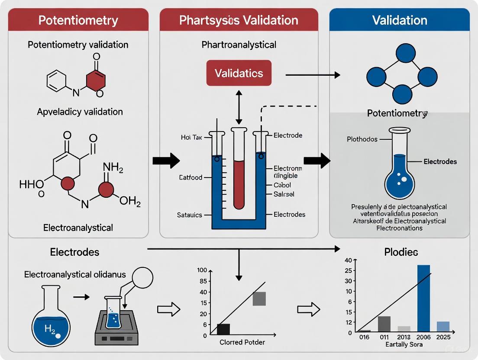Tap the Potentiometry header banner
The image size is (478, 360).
coord(78,20)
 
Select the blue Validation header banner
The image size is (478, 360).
coord(399,20)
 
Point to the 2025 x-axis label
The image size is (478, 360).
coord(443,337)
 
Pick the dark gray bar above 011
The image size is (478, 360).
coord(384,324)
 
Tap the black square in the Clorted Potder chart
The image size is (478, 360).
coord(223,329)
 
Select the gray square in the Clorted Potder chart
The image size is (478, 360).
coord(259,299)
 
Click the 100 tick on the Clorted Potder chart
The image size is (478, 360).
coord(201,270)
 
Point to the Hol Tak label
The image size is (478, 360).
coord(192,137)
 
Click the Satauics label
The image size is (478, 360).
coord(190,215)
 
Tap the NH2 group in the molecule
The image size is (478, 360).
coord(114,167)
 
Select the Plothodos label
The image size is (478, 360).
coord(362,139)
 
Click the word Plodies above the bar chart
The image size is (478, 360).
coord(401,252)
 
